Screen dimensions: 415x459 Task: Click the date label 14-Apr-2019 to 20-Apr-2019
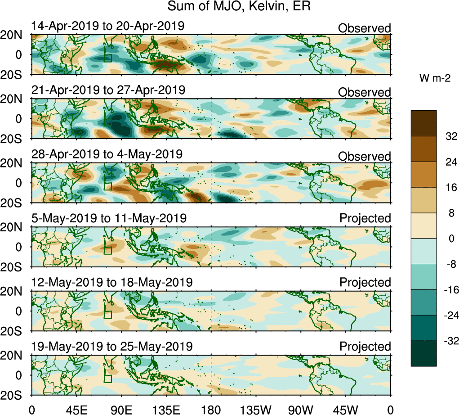(108, 26)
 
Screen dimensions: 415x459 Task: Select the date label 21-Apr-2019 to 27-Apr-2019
(108, 90)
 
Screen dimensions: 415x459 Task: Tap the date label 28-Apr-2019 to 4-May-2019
(107, 154)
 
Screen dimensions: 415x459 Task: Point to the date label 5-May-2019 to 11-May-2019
(109, 218)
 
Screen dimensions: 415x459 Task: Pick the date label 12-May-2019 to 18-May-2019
(112, 282)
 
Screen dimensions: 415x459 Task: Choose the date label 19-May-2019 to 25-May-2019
(112, 347)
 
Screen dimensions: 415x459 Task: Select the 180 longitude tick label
(211, 410)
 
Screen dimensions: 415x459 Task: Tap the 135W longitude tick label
(255, 410)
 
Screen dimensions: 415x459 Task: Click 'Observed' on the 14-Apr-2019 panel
(365, 28)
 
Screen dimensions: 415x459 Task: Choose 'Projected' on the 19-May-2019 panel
(365, 347)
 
